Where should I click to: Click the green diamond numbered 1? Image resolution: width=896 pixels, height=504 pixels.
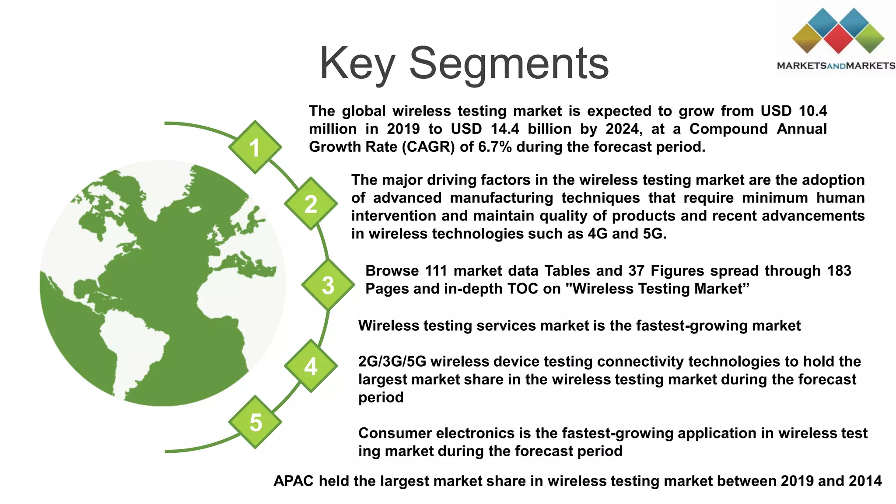click(x=255, y=147)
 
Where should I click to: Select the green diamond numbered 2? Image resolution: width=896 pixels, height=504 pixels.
click(x=311, y=204)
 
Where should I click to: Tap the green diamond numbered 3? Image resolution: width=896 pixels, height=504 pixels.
click(x=328, y=285)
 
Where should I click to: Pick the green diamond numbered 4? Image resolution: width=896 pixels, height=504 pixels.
click(x=311, y=366)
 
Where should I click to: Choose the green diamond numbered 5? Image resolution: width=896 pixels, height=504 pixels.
click(x=255, y=422)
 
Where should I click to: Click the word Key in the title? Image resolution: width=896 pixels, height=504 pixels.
click(x=358, y=64)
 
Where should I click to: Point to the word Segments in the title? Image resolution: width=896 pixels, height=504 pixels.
click(x=508, y=64)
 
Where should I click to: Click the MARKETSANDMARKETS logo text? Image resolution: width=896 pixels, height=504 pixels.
click(x=836, y=66)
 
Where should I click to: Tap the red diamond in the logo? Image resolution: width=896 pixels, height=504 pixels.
click(x=838, y=38)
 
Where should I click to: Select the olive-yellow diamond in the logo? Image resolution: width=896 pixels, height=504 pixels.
click(x=807, y=38)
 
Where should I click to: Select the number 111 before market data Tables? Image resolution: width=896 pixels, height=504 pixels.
click(x=436, y=271)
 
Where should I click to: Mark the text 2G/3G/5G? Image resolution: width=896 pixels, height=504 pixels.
click(x=392, y=362)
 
